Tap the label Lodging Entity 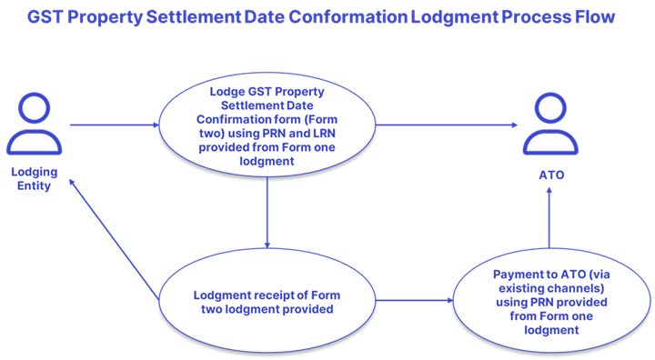tap(34, 179)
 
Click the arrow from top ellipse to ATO tap(447, 125)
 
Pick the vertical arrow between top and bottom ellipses tap(267, 212)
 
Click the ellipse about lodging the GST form tap(267, 125)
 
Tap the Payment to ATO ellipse tap(549, 301)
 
